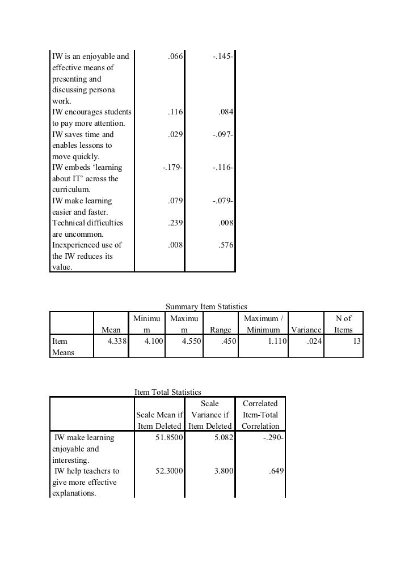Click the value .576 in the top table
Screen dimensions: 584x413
click(x=226, y=245)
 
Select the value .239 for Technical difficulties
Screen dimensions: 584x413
click(x=175, y=223)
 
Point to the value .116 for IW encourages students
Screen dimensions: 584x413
click(x=175, y=113)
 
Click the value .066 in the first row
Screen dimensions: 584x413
click(x=175, y=57)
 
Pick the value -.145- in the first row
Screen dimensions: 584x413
click(x=220, y=57)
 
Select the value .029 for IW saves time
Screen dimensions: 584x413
click(x=175, y=135)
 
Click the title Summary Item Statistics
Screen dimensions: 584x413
click(x=206, y=306)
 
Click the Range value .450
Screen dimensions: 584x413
click(x=229, y=342)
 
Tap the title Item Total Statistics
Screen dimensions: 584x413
click(x=168, y=391)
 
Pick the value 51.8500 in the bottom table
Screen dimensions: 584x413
click(x=169, y=438)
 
